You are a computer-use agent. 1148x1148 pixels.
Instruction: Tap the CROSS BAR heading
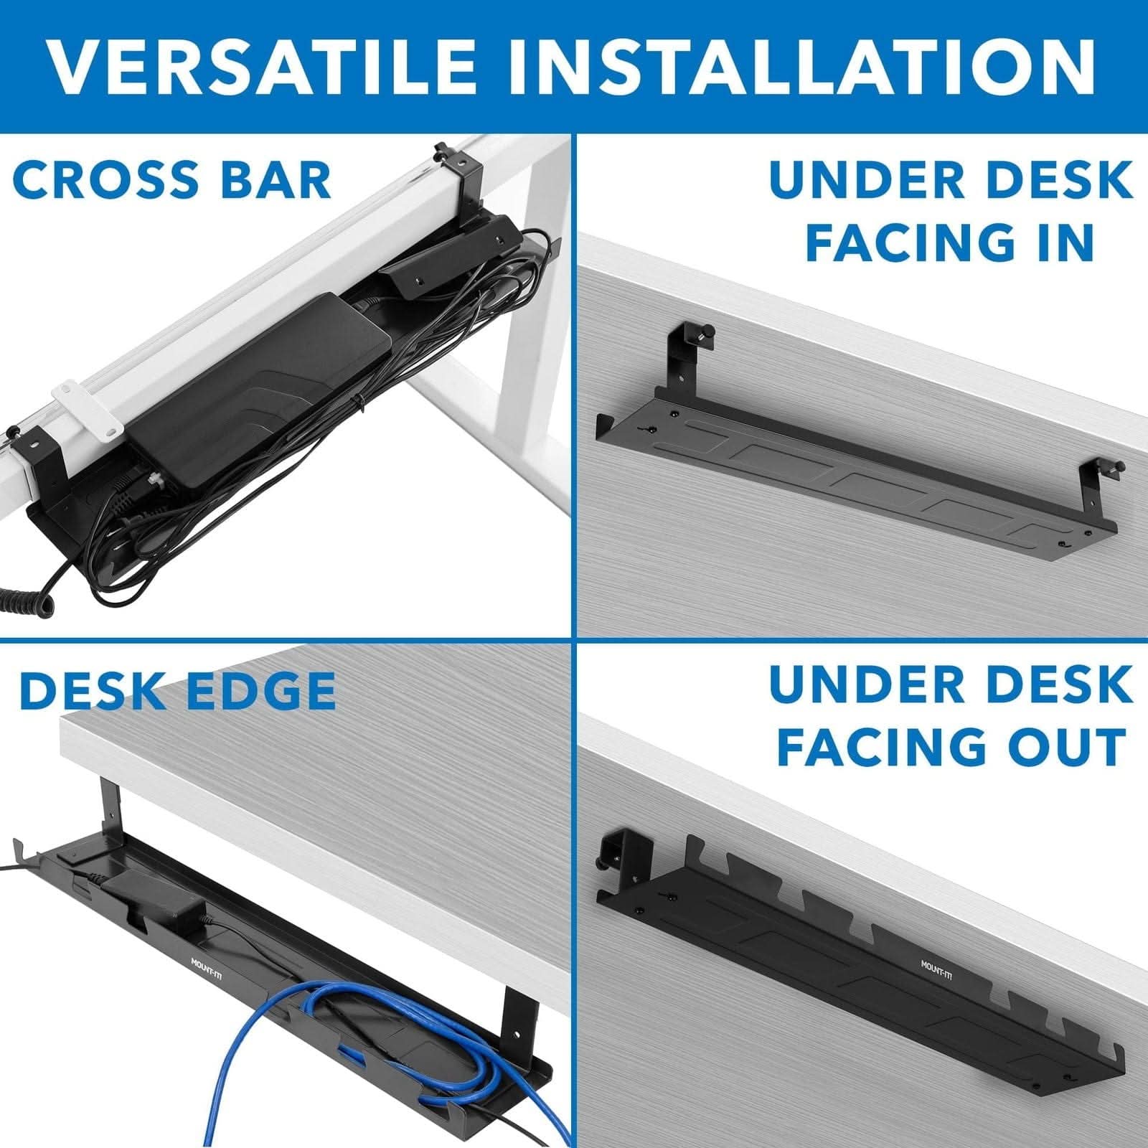(x=172, y=180)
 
